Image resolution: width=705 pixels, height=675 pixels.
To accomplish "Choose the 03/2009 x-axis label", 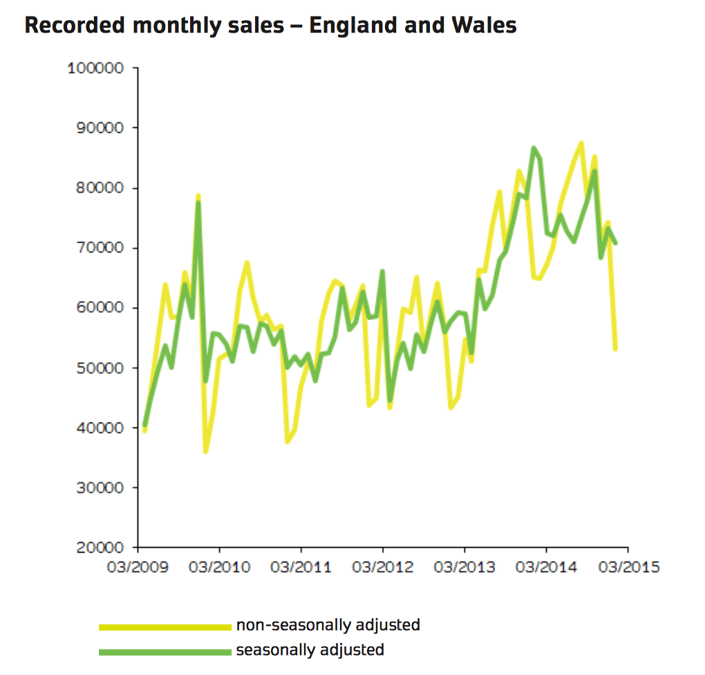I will [138, 567].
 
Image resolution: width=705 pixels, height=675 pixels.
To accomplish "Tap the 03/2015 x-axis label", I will [628, 567].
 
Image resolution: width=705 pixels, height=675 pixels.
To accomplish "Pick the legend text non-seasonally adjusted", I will [328, 625].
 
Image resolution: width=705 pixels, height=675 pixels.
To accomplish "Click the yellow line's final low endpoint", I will [615, 349].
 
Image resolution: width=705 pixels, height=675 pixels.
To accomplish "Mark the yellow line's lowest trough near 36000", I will [205, 452].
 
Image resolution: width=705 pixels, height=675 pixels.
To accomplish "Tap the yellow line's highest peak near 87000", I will [581, 143].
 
